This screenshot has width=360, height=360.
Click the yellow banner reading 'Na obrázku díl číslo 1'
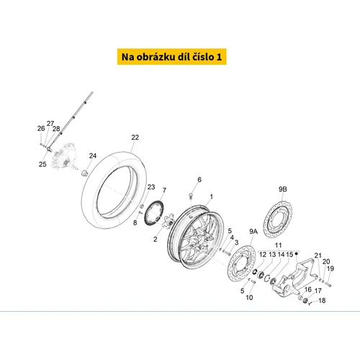(171, 57)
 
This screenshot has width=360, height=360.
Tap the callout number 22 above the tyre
(135, 138)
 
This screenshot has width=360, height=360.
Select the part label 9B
(283, 189)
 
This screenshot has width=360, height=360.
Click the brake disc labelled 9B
(278, 220)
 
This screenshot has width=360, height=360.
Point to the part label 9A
(253, 232)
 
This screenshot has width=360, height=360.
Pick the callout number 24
(93, 156)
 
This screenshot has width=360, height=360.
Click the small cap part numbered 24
(85, 173)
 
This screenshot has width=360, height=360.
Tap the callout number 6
(199, 179)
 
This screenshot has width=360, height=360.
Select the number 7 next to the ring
(164, 190)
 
